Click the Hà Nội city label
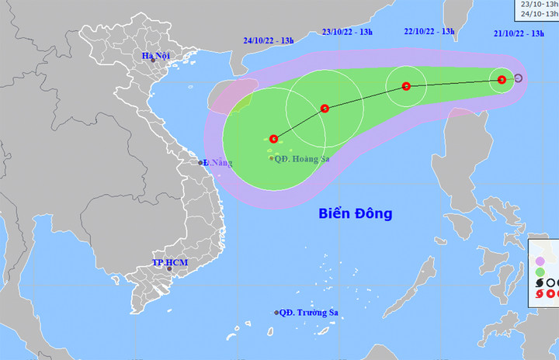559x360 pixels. (x=155, y=55)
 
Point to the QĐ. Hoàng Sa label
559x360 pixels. (x=302, y=157)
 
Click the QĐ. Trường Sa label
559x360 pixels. (x=311, y=313)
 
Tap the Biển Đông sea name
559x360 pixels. (x=356, y=213)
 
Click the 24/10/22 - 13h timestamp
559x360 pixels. (x=268, y=40)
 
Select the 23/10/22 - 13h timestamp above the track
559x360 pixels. (x=347, y=32)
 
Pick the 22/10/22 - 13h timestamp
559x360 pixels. (x=429, y=31)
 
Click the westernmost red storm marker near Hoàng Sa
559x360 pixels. (x=274, y=139)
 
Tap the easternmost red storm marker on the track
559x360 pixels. (x=502, y=79)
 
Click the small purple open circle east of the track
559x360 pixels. (x=518, y=78)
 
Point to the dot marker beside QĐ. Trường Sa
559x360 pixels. (x=276, y=313)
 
